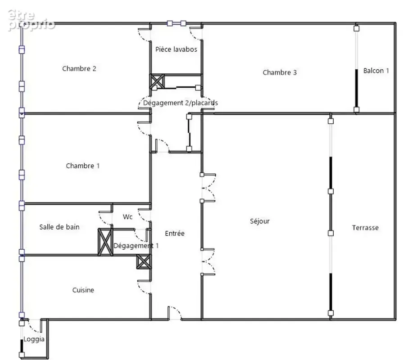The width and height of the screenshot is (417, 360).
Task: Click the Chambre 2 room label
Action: (x=79, y=68)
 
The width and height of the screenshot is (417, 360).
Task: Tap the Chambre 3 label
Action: (x=280, y=72)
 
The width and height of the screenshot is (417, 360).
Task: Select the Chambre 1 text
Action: (x=83, y=166)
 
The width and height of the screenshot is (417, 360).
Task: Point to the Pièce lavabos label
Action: (x=177, y=49)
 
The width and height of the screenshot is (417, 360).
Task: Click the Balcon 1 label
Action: (x=376, y=71)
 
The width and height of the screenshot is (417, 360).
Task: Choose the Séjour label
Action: (x=260, y=221)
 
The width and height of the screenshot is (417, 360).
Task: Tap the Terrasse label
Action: (x=365, y=228)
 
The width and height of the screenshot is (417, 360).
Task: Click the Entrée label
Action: (x=175, y=233)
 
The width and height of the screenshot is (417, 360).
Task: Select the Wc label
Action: (x=127, y=217)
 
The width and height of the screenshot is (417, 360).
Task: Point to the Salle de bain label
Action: (x=59, y=227)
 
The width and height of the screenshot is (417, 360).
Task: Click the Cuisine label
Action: (x=83, y=290)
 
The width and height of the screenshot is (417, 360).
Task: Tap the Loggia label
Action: (x=34, y=339)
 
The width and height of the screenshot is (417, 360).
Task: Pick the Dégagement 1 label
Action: (x=136, y=246)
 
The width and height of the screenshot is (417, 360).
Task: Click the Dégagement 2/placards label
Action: (x=181, y=103)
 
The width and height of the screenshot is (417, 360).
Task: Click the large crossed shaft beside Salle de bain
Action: (x=105, y=242)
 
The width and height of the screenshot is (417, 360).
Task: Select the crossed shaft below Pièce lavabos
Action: (x=157, y=81)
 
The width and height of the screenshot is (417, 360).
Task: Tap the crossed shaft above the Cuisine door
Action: (x=144, y=261)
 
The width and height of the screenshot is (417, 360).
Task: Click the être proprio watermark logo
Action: (x=31, y=20)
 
